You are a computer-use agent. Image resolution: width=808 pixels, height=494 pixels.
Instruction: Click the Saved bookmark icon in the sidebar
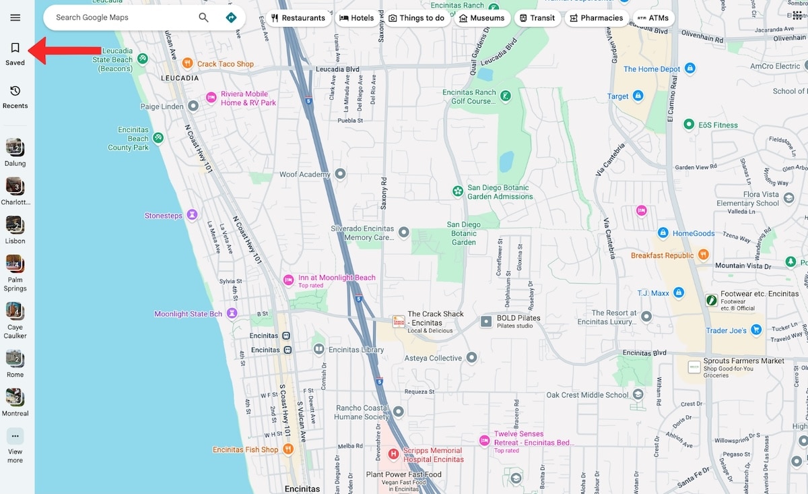(x=15, y=48)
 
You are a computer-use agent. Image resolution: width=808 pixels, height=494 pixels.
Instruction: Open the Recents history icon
(x=15, y=91)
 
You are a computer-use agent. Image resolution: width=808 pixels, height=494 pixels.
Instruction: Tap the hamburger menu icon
(x=15, y=18)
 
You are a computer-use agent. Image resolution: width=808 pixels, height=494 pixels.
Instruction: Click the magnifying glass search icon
(x=203, y=18)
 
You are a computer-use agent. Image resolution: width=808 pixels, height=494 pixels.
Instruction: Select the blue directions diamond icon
(x=231, y=18)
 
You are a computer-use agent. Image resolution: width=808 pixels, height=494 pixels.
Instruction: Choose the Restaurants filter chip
(x=298, y=18)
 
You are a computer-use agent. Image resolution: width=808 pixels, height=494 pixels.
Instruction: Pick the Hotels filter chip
(x=357, y=18)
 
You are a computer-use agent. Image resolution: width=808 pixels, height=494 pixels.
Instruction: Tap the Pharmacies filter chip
(x=597, y=18)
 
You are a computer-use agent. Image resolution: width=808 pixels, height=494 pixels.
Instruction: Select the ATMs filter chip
(x=652, y=18)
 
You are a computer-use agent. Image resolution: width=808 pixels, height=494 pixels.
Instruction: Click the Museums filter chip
(x=481, y=18)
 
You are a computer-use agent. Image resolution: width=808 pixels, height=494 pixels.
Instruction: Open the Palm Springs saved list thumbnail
(x=15, y=263)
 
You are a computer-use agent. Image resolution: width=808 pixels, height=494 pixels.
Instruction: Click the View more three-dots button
(x=15, y=436)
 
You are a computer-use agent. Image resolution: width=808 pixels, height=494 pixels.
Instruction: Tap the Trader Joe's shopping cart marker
(x=756, y=330)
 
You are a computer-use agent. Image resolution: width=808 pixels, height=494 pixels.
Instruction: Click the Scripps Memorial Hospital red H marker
(x=394, y=454)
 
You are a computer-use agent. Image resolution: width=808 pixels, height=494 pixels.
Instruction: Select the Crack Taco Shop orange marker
(x=188, y=63)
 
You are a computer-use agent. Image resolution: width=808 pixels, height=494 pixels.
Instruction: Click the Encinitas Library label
(x=356, y=350)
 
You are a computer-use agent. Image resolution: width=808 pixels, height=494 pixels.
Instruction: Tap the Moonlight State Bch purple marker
(x=232, y=313)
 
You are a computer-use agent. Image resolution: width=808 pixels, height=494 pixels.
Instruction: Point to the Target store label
(x=617, y=96)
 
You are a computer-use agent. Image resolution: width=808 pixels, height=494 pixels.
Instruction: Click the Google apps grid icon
(x=797, y=16)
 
